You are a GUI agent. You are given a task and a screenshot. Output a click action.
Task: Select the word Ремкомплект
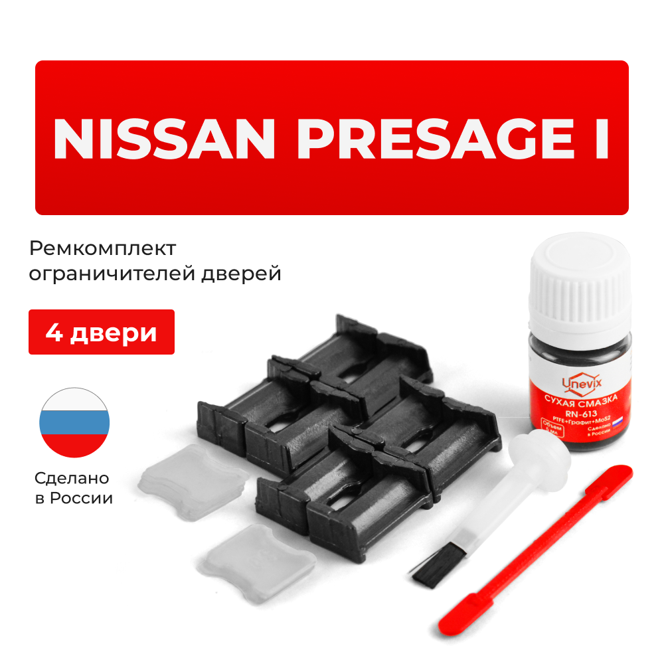click(103, 249)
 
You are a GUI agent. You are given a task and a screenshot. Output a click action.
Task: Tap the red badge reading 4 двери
click(102, 332)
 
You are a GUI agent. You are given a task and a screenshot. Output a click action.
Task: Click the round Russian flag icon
click(75, 422)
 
